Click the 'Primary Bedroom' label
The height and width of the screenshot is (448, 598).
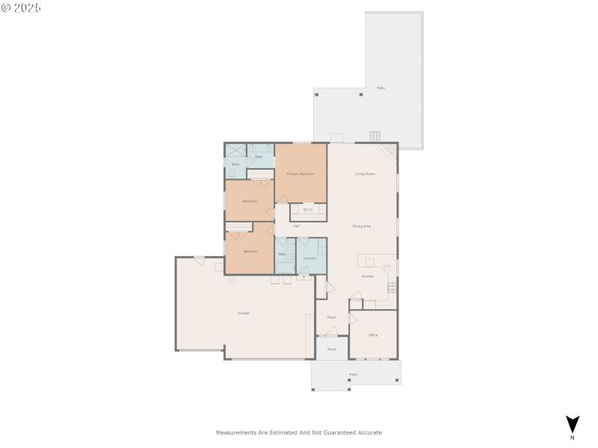coord(300,173)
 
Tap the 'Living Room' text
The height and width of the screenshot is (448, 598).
coord(365,173)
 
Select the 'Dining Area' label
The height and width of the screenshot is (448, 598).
coord(362,225)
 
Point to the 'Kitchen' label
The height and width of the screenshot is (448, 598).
coord(367,276)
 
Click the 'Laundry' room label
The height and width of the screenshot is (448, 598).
coord(309,258)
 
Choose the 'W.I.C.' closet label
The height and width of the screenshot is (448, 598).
coord(308,209)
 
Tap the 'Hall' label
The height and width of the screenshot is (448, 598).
coord(296,225)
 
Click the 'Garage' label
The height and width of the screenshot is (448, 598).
coord(243,313)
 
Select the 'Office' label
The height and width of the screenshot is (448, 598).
coord(373,335)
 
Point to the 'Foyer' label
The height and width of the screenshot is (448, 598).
coord(331,317)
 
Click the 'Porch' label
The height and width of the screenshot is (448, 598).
coord(332,349)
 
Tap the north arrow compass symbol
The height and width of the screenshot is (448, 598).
coord(572,424)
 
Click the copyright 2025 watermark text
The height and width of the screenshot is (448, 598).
coord(21,7)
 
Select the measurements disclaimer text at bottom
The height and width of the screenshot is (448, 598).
coord(299,432)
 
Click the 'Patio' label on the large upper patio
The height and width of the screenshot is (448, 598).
coord(380,88)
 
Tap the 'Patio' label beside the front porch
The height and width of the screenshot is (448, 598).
coord(354,374)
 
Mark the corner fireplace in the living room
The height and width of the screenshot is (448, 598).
coord(389,152)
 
